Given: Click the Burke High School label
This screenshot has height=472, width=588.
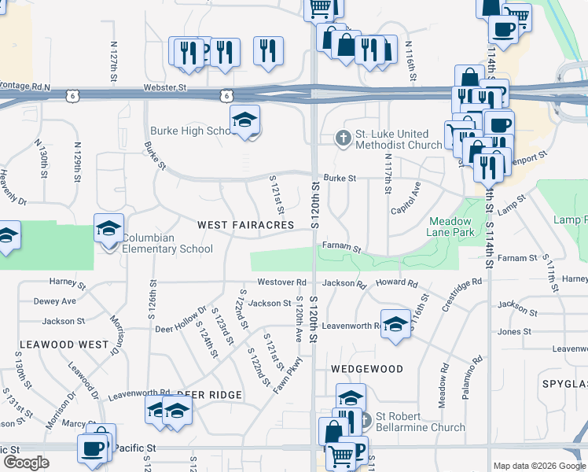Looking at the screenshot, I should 189,131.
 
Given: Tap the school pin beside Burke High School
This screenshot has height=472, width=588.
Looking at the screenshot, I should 244,121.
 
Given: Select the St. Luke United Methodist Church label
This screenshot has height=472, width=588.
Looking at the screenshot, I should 399,139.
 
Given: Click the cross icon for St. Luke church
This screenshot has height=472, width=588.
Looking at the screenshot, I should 343,138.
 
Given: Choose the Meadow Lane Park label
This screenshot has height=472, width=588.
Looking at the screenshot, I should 451,227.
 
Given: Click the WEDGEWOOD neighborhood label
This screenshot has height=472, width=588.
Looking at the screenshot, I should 367,369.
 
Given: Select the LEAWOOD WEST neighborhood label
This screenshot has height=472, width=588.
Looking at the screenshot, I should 64,345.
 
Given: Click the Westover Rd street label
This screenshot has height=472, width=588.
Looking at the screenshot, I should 281,282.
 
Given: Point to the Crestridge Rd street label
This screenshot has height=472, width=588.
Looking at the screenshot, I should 461,294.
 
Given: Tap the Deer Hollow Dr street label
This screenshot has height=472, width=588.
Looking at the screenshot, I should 180,319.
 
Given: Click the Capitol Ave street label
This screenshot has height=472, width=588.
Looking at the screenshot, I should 406,199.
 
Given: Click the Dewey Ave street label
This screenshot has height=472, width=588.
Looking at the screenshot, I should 54,301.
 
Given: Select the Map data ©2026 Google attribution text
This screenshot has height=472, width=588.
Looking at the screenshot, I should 539,466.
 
